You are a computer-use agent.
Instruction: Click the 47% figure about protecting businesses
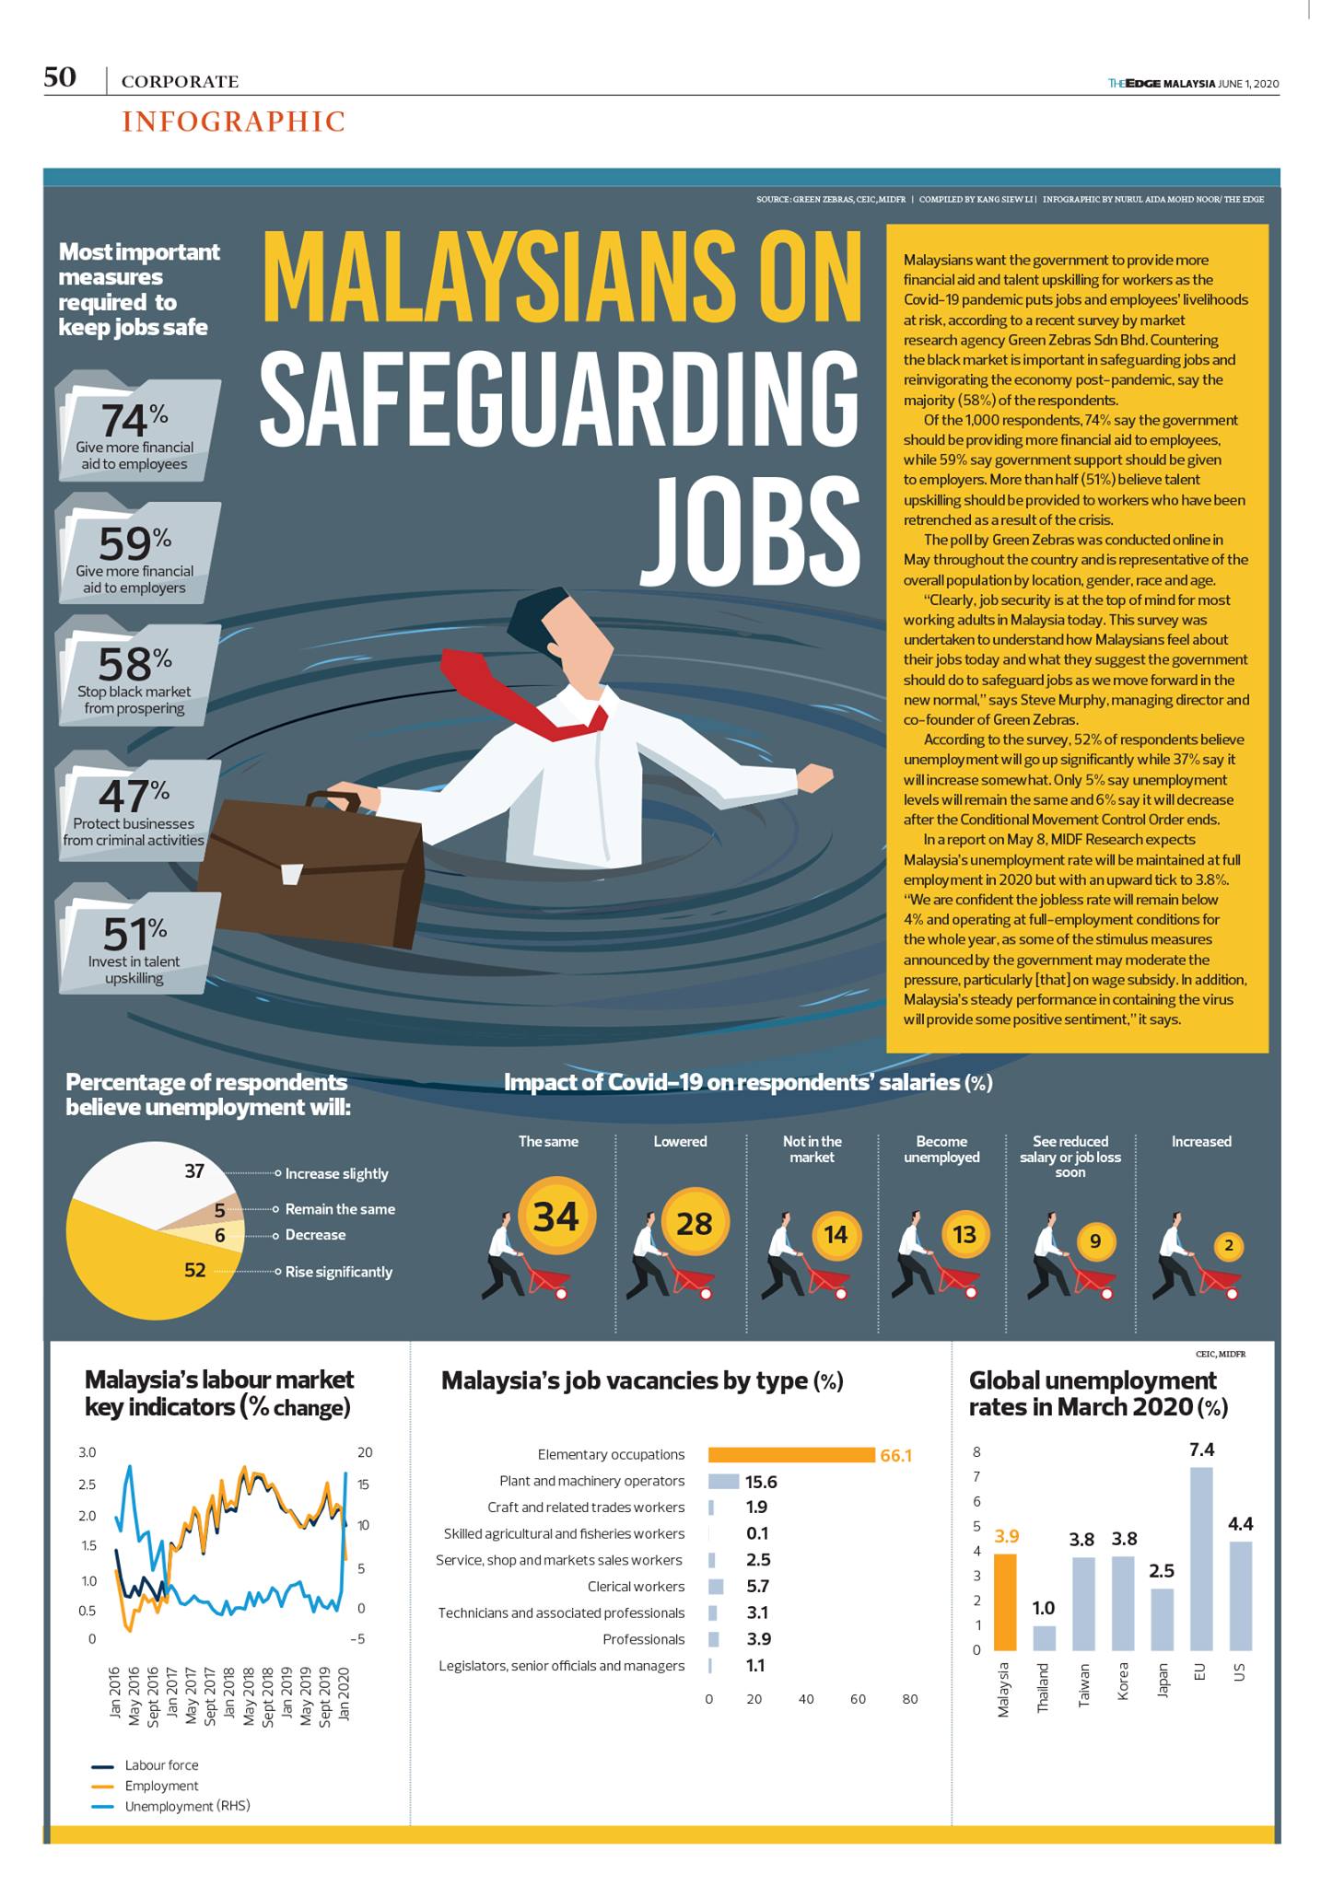(x=134, y=795)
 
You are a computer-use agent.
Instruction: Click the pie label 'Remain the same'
(x=340, y=1209)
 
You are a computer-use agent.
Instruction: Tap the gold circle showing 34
(x=555, y=1217)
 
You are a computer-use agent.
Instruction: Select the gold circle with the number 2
(x=1229, y=1247)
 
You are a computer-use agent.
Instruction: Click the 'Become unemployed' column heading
(x=941, y=1149)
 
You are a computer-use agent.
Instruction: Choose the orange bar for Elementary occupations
(x=790, y=1454)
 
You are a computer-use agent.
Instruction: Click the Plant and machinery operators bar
(x=724, y=1482)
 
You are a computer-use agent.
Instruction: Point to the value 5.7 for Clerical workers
(x=757, y=1586)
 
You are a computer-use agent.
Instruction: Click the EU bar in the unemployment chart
(x=1201, y=1558)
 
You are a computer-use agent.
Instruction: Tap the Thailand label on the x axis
(x=1043, y=1687)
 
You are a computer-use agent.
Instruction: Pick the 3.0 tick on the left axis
(x=88, y=1452)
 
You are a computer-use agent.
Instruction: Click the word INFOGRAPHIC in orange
(x=234, y=122)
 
